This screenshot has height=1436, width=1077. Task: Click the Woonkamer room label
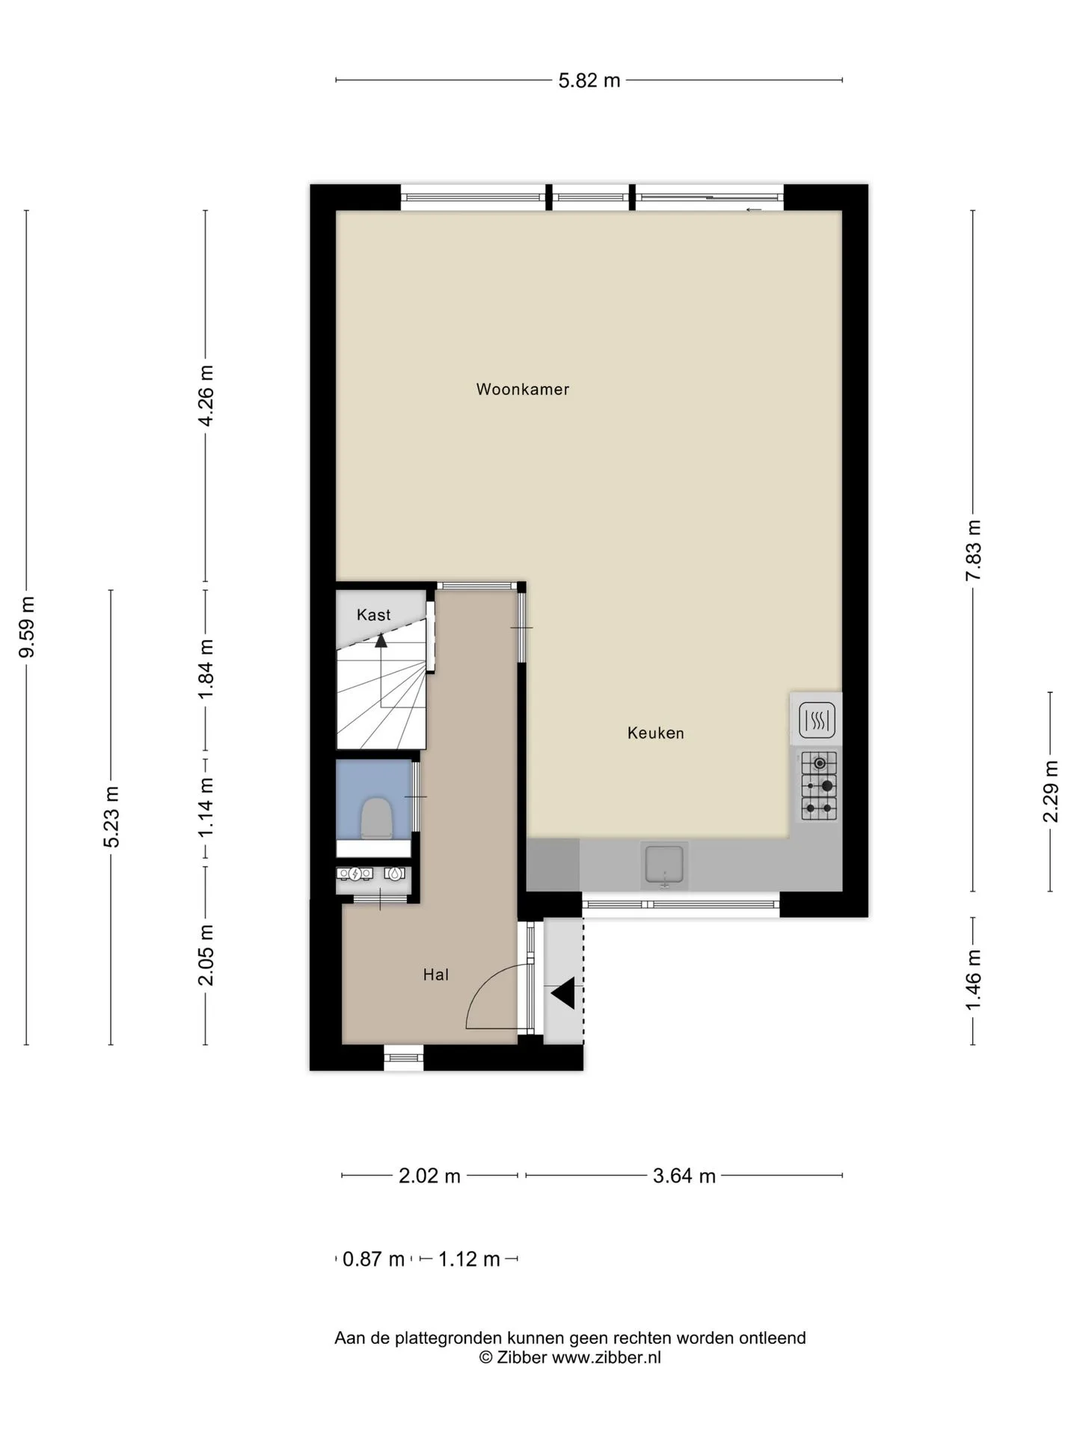point(523,389)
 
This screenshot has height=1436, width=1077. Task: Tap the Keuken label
point(656,733)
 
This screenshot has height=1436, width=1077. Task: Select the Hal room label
point(436,975)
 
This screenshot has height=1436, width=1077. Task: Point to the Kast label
point(374,615)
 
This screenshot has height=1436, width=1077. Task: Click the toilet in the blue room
point(377,817)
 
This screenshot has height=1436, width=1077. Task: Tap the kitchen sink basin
point(664,865)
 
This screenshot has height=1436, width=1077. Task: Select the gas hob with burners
point(819,785)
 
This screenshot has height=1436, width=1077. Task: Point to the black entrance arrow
point(563,994)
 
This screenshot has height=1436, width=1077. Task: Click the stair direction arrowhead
point(381,640)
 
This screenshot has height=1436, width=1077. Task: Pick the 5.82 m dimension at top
point(589,80)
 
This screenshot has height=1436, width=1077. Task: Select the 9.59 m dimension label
point(27,627)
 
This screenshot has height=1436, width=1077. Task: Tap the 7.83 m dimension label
point(973,550)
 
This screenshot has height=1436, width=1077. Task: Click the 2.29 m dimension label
point(1051,791)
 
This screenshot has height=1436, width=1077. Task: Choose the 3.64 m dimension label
point(684,1176)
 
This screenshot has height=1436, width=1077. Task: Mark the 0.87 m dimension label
point(373,1259)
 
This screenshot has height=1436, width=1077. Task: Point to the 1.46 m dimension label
point(973,980)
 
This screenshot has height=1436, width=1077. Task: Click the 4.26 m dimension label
point(206,396)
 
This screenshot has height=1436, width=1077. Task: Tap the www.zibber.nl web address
point(607,1357)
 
